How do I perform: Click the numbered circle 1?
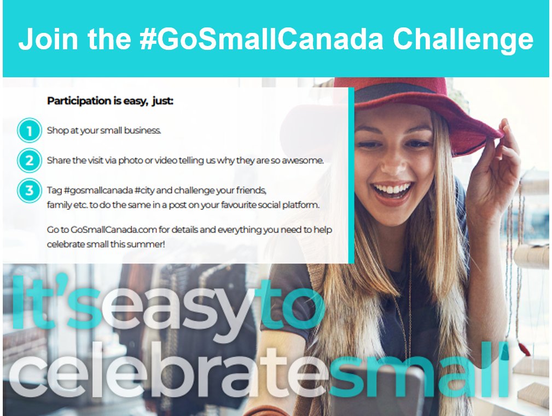tap(29, 131)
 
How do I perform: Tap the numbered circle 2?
tap(29, 161)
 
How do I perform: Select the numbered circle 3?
tap(29, 191)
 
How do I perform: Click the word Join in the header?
tap(43, 39)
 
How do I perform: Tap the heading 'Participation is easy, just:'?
tap(110, 101)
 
